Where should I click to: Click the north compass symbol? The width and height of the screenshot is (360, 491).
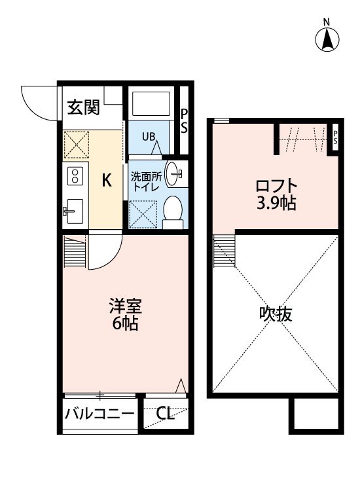click(328, 40)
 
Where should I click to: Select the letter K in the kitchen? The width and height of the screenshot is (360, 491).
click(107, 181)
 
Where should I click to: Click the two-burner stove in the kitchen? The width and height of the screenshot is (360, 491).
click(75, 175)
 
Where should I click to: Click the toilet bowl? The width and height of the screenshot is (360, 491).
click(173, 209)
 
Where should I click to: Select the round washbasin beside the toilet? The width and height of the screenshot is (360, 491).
click(175, 173)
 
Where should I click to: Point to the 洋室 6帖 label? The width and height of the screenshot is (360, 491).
click(124, 315)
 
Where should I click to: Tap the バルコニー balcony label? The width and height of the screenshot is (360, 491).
click(100, 414)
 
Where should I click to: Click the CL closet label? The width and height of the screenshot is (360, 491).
click(166, 414)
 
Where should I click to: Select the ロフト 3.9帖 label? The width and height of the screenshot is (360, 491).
click(276, 194)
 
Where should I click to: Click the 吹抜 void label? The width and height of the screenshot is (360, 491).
click(275, 314)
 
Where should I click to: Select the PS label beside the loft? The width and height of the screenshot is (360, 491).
click(335, 137)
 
